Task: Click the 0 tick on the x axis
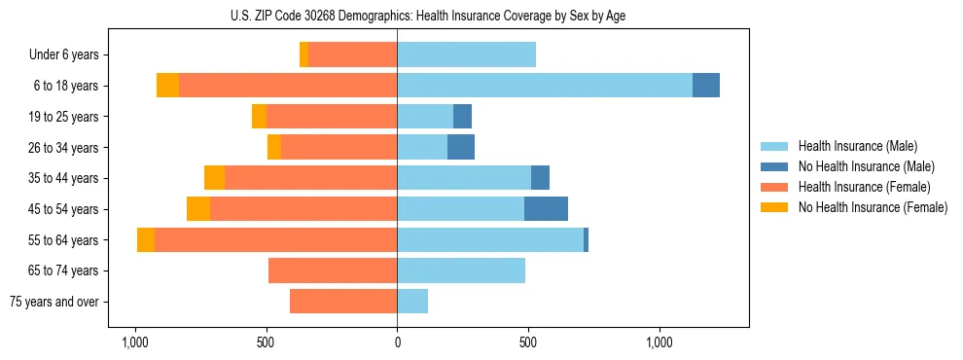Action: pyautogui.click(x=397, y=343)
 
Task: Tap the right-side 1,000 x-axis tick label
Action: pyautogui.click(x=660, y=343)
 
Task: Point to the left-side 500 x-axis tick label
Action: pyautogui.click(x=267, y=343)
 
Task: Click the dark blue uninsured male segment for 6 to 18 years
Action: pyautogui.click(x=706, y=86)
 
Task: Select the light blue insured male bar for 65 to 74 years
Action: pyautogui.click(x=461, y=270)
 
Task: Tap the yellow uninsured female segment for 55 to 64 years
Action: pyautogui.click(x=146, y=240)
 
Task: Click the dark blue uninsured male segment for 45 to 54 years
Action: pyautogui.click(x=546, y=209)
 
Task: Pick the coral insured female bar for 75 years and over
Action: pyautogui.click(x=343, y=302)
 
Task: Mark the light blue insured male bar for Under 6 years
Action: pyautogui.click(x=466, y=55)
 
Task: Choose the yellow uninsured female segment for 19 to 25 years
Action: pyautogui.click(x=259, y=117)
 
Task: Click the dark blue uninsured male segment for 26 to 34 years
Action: pyautogui.click(x=461, y=148)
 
